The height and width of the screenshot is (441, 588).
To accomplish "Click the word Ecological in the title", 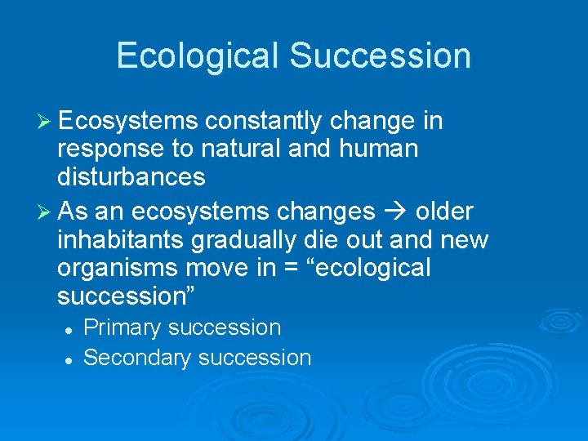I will (198, 56).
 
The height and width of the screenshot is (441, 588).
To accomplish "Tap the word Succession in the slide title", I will (380, 56).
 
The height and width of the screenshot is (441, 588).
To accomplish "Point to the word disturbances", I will (131, 176).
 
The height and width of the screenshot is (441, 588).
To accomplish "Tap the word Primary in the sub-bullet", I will (122, 328).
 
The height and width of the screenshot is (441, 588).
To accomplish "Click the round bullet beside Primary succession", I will (71, 329).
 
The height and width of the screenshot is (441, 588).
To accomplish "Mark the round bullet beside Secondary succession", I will (71, 359).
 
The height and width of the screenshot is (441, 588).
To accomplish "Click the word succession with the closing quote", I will (121, 296).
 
